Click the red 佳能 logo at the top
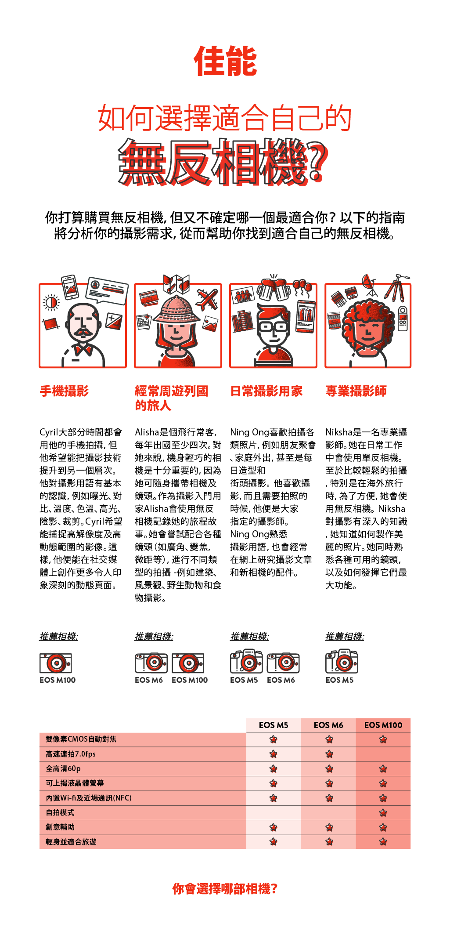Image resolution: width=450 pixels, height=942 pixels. tap(225, 61)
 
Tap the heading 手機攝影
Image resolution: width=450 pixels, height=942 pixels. tap(64, 391)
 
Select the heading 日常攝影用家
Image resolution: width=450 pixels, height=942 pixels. tap(266, 391)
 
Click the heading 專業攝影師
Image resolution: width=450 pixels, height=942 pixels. tap(356, 391)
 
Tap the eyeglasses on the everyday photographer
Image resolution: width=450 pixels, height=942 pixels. tap(273, 327)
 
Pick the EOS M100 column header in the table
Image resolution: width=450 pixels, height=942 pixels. tap(383, 725)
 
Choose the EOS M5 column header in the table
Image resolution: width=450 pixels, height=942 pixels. tap(274, 725)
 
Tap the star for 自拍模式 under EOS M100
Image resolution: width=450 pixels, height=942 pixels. tap(383, 812)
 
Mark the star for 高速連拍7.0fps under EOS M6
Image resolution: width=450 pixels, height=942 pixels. tap(329, 754)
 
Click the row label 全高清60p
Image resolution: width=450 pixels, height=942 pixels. tap(63, 768)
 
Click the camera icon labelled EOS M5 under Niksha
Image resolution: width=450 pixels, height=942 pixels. tap(342, 662)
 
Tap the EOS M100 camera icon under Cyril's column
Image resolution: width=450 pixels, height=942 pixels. tap(56, 663)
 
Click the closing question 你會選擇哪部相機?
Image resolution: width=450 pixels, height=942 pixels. tap(225, 889)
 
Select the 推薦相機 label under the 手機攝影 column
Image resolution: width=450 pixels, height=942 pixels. tap(59, 637)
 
